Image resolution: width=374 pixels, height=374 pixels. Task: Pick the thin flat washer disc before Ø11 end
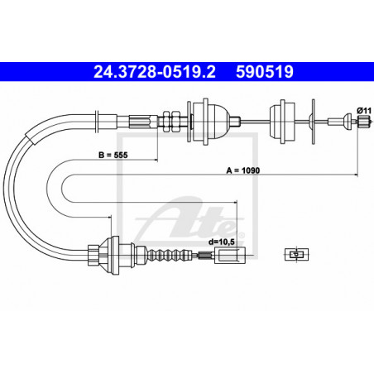pos(314,120)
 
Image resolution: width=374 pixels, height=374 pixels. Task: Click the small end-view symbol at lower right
pos(293,255)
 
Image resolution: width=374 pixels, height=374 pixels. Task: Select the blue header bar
pos(187,73)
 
